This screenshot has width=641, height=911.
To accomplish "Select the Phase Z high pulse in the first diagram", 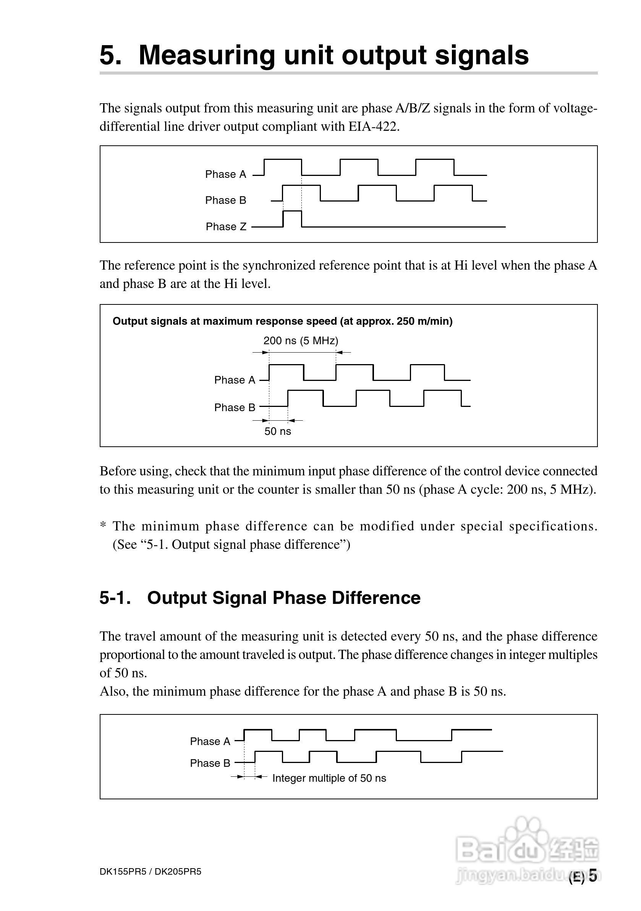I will [x=292, y=218].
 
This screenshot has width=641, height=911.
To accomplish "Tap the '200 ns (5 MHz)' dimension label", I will [x=301, y=341].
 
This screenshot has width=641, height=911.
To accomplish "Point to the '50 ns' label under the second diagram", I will [x=277, y=432].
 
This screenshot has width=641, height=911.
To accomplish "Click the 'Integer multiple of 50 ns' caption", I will [x=329, y=778].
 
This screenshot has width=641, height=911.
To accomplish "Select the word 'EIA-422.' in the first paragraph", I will [x=374, y=127].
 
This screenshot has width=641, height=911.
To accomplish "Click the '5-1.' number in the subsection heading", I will [x=115, y=598].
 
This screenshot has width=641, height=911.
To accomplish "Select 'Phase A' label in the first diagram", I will [x=225, y=174].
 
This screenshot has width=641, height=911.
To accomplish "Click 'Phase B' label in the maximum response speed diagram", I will [x=235, y=407].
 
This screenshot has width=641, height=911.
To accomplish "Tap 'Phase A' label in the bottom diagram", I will [x=210, y=741].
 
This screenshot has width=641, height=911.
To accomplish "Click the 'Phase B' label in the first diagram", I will [x=225, y=200].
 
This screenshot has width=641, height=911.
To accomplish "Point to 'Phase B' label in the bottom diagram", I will [x=210, y=763].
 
